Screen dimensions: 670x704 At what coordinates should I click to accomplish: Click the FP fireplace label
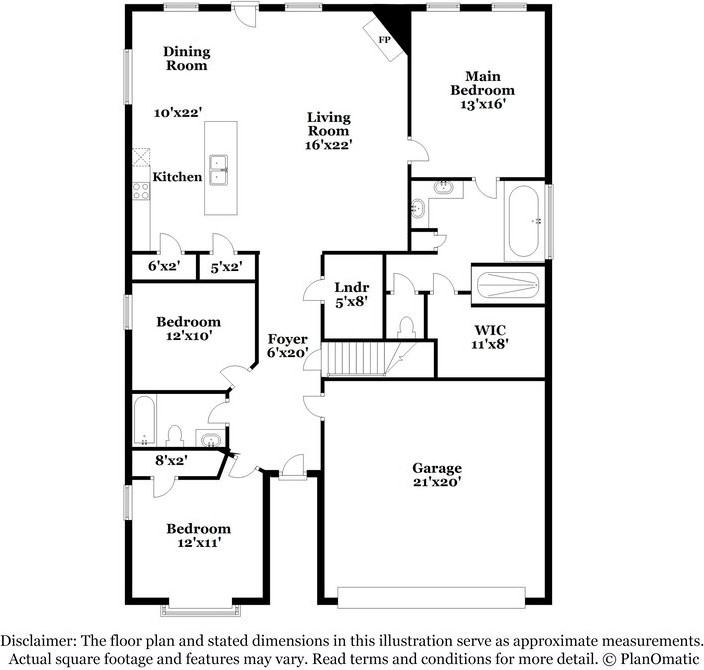click(383, 39)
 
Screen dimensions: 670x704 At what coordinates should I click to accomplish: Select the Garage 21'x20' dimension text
click(437, 482)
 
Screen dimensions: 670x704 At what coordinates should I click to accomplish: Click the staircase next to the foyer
click(365, 357)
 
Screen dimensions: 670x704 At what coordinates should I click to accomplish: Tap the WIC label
click(490, 329)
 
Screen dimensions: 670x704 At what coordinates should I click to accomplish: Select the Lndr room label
click(352, 288)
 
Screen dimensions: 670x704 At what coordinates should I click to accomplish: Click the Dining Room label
click(186, 58)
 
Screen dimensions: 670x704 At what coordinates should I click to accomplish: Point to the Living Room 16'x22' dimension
click(328, 145)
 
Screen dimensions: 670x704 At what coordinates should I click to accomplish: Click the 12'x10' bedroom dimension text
click(188, 336)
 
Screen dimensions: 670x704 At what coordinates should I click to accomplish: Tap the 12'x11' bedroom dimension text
click(198, 542)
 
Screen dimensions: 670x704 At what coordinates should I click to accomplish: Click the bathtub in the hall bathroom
click(143, 419)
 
